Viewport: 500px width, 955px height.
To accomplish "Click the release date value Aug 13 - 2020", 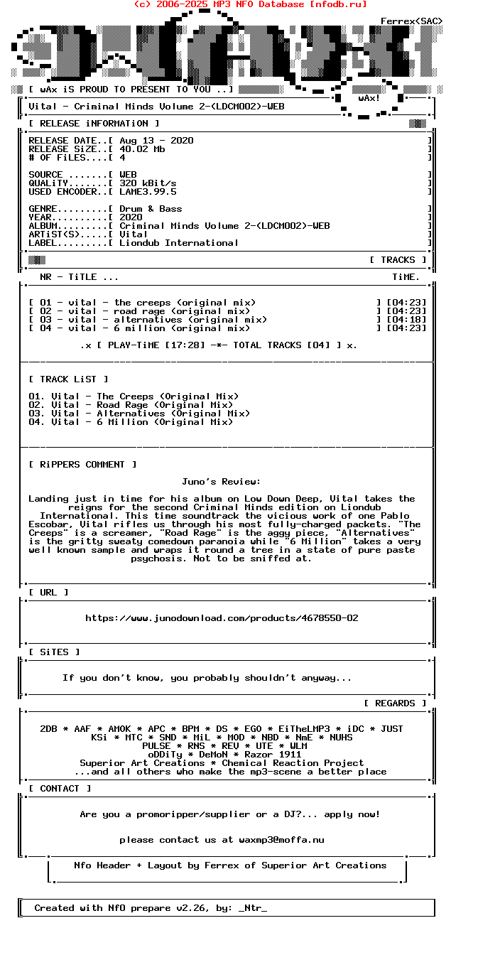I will tap(156, 141).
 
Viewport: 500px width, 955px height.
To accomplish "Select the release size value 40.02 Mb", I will tap(142, 149).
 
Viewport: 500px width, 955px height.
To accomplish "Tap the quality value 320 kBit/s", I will tap(148, 183).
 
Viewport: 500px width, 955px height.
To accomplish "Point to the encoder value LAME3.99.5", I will tap(148, 192).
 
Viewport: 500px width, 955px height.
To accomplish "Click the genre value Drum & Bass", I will tap(151, 209).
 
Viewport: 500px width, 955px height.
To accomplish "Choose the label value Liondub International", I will tap(179, 243).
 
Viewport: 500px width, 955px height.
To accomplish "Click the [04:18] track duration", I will tap(406, 320).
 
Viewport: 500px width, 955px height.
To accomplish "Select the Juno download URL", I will tap(222, 618).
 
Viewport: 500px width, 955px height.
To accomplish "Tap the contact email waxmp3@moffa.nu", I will tap(273, 840).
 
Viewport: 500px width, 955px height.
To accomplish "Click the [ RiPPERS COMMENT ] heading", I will tap(82, 465).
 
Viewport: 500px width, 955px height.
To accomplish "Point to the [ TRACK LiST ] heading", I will tap(68, 379).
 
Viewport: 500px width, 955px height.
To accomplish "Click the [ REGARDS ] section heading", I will tap(395, 703).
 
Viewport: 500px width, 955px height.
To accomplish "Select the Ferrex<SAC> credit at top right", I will tap(411, 21).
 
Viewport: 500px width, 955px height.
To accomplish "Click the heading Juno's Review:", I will tap(222, 482).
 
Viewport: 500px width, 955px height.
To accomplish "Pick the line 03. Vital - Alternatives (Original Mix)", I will tap(139, 414).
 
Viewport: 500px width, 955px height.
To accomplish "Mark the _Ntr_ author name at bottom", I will tap(253, 908).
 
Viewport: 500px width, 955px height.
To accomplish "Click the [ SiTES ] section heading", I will tap(54, 652).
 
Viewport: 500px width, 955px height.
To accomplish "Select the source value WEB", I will tap(128, 175).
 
